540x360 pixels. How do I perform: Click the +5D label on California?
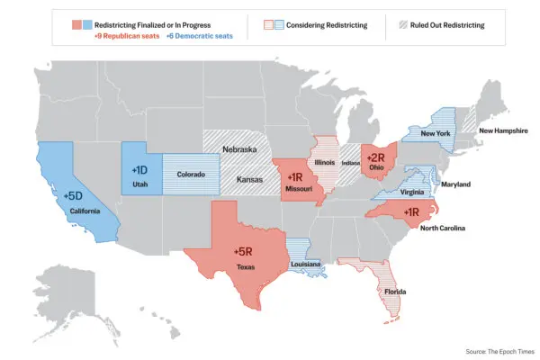[x=74, y=195]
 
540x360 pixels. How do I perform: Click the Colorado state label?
[x=191, y=175]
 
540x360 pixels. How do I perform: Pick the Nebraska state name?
[x=240, y=149]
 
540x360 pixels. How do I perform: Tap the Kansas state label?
[x=249, y=180]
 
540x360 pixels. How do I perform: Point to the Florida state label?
[x=394, y=292]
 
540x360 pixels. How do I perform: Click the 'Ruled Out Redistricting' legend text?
[x=446, y=24]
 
